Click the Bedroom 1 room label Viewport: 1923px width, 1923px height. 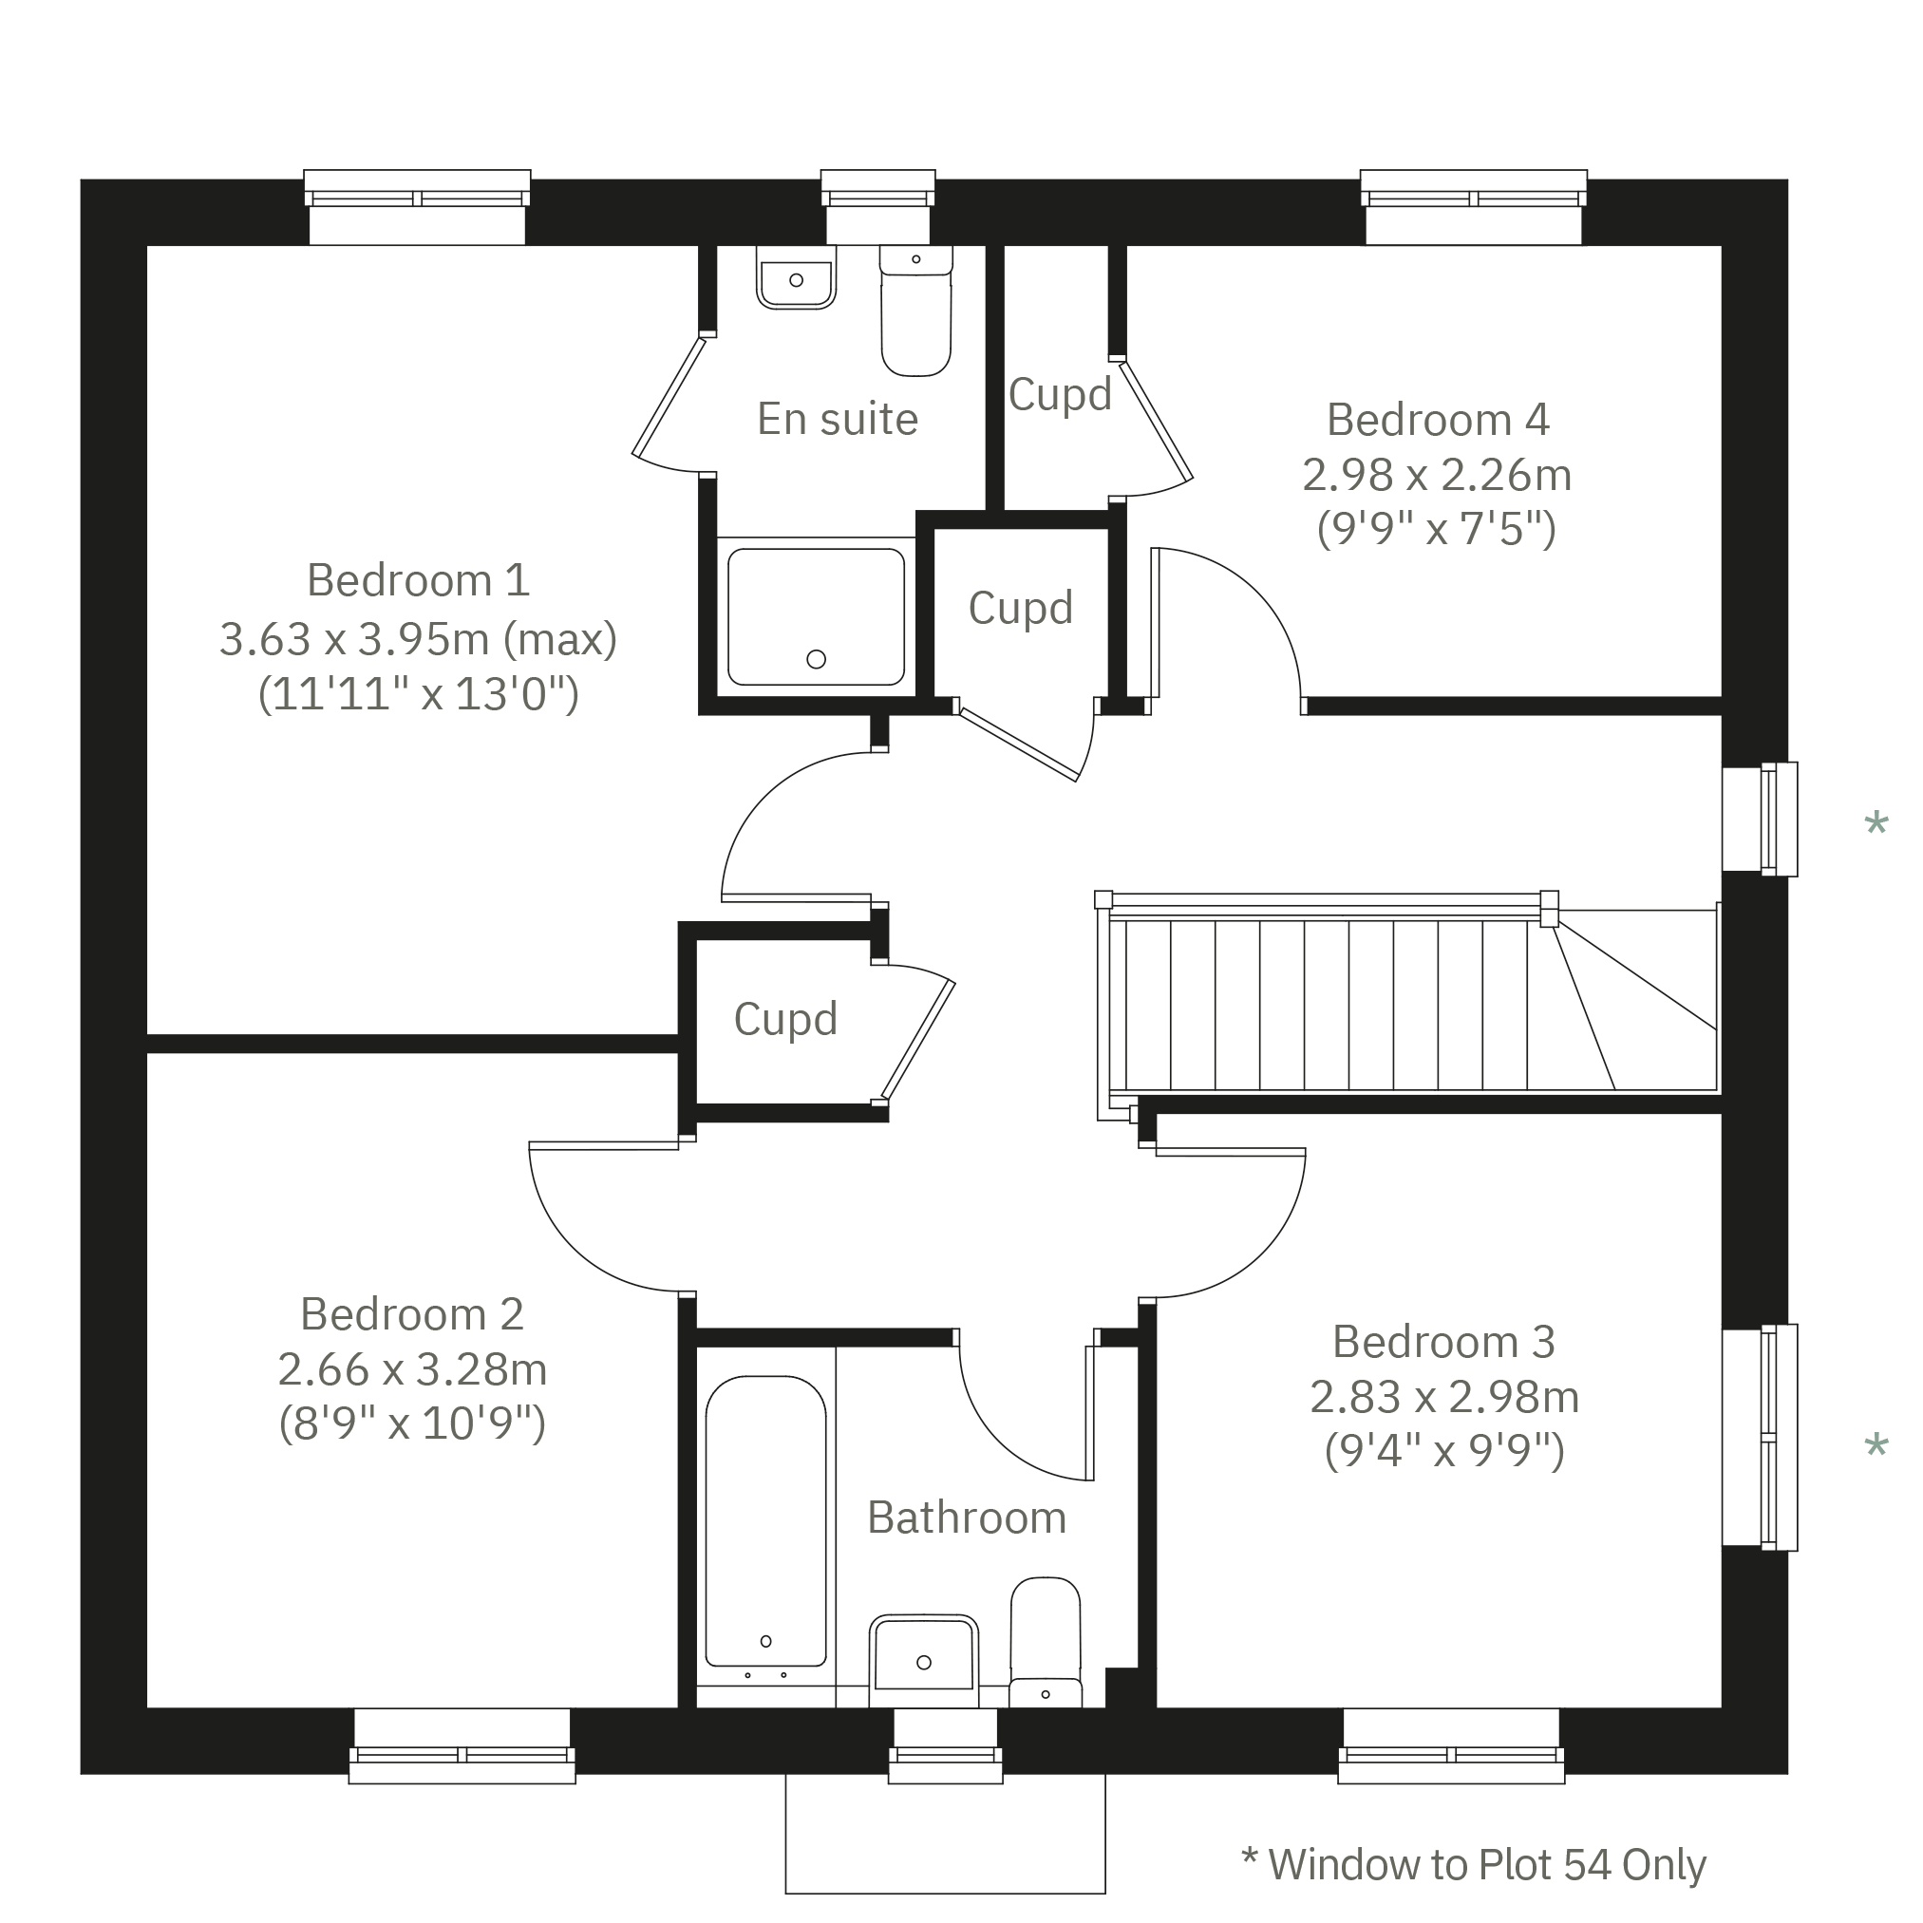tap(418, 581)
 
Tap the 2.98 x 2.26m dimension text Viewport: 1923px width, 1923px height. tap(1436, 476)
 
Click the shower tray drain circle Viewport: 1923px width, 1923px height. tap(816, 659)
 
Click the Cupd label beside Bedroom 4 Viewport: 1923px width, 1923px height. tap(1059, 395)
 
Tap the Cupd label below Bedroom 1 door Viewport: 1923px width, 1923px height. tap(785, 1019)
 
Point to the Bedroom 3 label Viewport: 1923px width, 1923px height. tap(1443, 1343)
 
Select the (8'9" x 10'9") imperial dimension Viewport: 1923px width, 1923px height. tap(412, 1424)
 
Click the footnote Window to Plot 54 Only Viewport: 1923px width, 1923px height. tap(1474, 1864)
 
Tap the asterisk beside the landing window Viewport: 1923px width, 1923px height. tap(1876, 824)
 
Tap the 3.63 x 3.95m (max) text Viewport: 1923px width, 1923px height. tap(418, 639)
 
